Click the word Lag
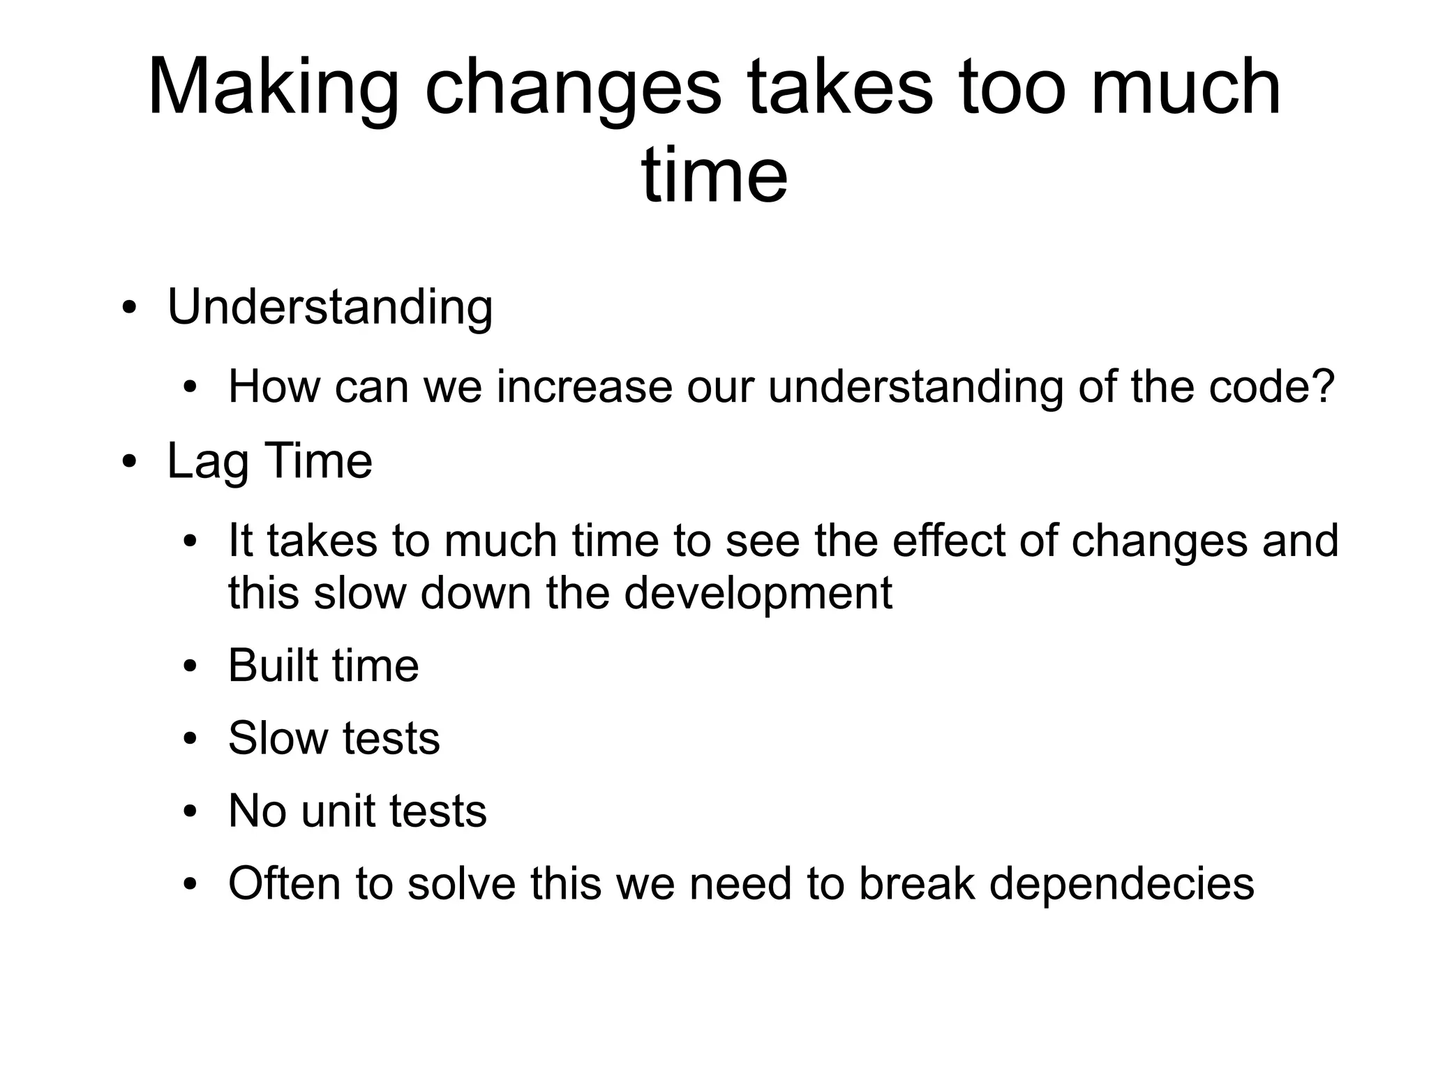click(207, 462)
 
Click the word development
click(758, 592)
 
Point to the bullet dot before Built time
click(189, 666)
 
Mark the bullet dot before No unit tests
click(189, 811)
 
